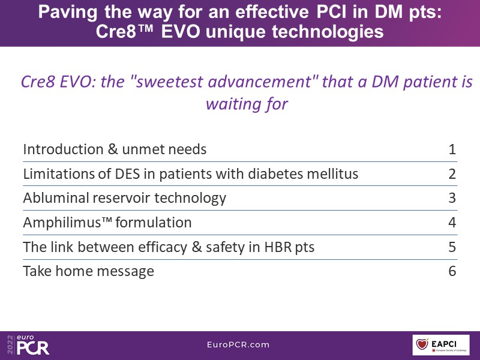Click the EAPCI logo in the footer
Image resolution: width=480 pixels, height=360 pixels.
point(441,344)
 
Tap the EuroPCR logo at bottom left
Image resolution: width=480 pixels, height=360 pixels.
point(28,345)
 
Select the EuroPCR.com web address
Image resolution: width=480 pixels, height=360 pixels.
point(238,344)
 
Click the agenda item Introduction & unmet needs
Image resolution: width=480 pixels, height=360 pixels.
point(115,149)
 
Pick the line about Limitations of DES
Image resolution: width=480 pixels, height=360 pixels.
point(191,174)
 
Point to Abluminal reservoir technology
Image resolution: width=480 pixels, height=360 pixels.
point(125,198)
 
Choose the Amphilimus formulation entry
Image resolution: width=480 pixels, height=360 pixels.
point(107,223)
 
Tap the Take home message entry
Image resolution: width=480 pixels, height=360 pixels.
point(88,271)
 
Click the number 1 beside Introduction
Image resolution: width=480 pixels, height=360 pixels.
point(452,149)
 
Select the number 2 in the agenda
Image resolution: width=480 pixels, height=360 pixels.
point(452,174)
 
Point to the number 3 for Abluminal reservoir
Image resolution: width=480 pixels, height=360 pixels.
point(452,198)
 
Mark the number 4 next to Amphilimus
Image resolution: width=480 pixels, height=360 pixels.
point(452,223)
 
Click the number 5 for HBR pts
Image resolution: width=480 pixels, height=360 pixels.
point(452,247)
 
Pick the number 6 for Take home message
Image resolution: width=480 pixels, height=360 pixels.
point(452,271)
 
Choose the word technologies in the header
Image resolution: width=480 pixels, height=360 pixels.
point(328,32)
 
